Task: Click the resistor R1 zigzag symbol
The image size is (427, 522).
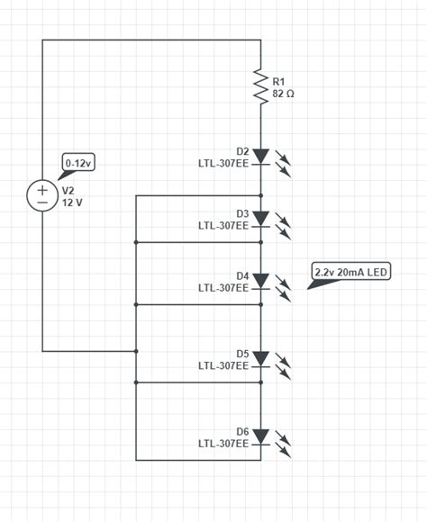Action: point(260,87)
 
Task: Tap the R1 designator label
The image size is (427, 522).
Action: point(278,81)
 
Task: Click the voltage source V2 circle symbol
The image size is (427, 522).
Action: point(42,195)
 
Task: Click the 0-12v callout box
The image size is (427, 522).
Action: point(78,163)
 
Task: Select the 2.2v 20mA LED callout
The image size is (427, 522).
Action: point(351,272)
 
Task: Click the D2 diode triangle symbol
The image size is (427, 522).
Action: point(260,157)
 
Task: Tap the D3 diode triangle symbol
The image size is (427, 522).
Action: point(260,219)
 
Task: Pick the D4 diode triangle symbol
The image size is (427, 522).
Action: point(260,281)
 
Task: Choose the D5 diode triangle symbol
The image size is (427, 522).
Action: point(260,358)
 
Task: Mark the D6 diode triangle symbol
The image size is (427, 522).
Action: point(260,436)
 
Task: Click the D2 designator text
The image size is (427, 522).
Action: point(242,151)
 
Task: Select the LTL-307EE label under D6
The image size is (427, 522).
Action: point(223,444)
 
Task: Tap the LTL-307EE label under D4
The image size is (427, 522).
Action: point(223,288)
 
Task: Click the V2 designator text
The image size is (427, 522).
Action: point(67,191)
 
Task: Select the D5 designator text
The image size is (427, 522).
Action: point(242,354)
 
